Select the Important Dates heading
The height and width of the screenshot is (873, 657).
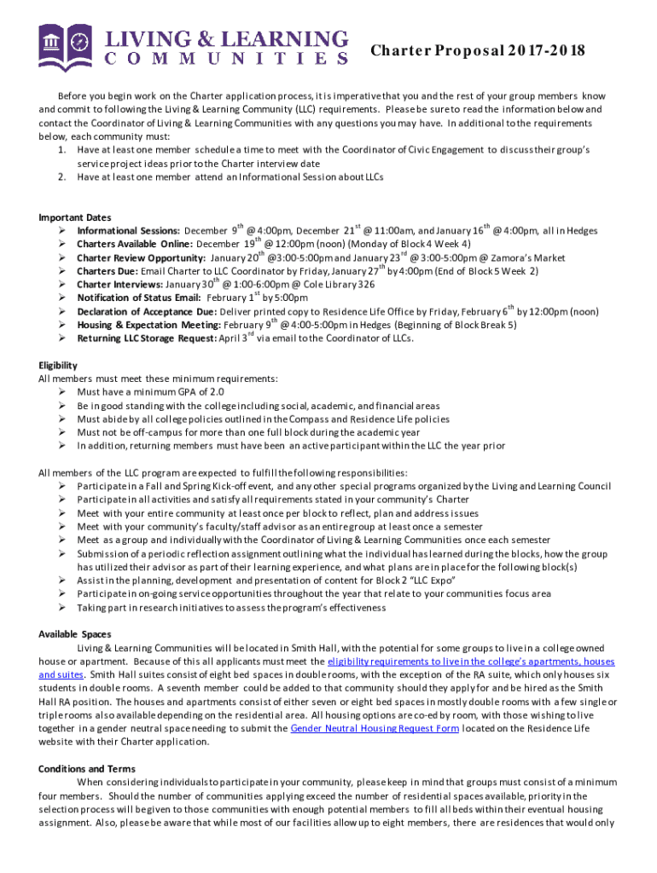75,218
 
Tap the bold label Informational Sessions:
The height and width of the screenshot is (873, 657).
128,231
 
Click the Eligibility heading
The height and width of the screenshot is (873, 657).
59,365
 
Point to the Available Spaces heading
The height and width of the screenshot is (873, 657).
75,634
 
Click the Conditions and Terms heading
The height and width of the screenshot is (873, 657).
87,769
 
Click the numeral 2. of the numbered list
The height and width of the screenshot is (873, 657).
62,177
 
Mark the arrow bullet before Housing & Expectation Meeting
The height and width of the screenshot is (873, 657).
64,325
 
